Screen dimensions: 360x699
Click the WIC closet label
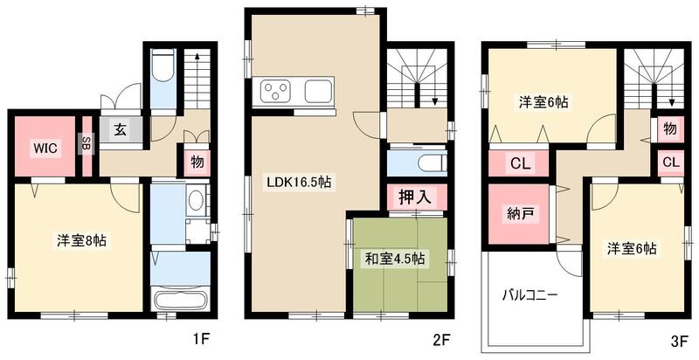46,148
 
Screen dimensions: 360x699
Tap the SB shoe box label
87,143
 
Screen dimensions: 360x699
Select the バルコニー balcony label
529,295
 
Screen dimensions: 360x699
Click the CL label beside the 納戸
517,163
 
